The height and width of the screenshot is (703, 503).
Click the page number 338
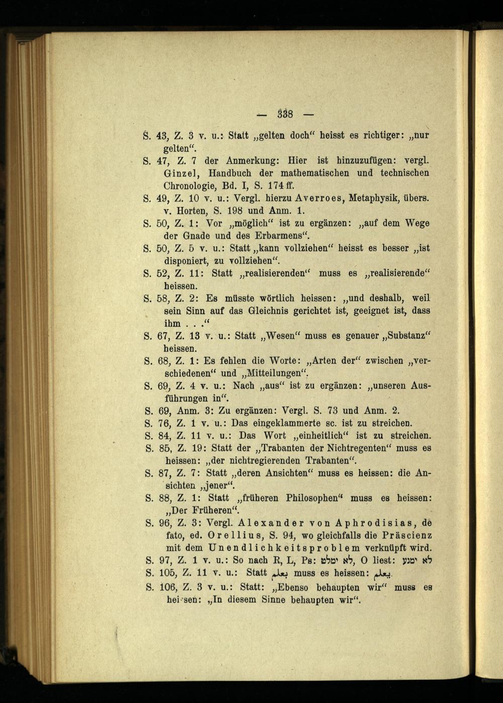pyautogui.click(x=285, y=114)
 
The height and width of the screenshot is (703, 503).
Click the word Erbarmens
pyautogui.click(x=280, y=236)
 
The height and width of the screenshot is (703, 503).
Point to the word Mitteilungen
pyautogui.click(x=273, y=374)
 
